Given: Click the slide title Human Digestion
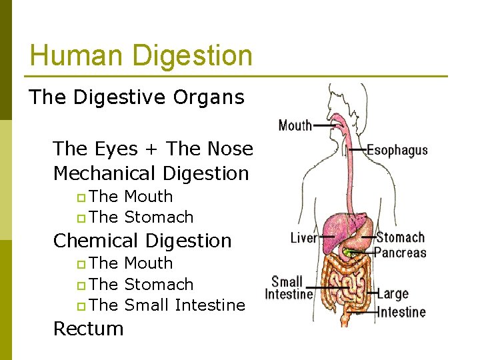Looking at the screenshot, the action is [141, 56].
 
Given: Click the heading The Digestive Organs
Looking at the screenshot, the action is [137, 97].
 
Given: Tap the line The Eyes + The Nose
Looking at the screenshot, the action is [153, 149].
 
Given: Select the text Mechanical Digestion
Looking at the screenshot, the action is [151, 173].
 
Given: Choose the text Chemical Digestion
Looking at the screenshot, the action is [142, 241].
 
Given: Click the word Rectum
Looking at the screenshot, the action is [88, 329].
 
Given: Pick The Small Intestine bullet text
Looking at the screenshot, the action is [167, 305].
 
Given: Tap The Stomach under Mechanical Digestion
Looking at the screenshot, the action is [141, 217].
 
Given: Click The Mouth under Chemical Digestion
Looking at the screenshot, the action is [131, 263].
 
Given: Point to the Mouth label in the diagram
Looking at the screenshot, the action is [295, 125].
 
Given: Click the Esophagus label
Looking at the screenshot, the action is [397, 151].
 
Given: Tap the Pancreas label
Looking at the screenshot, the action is [400, 253].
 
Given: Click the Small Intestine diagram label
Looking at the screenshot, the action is [289, 288].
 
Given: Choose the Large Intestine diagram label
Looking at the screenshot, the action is [401, 302].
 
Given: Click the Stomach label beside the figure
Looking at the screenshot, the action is [400, 237].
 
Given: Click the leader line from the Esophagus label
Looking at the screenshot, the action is [356, 151].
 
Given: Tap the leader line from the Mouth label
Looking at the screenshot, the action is [325, 125].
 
